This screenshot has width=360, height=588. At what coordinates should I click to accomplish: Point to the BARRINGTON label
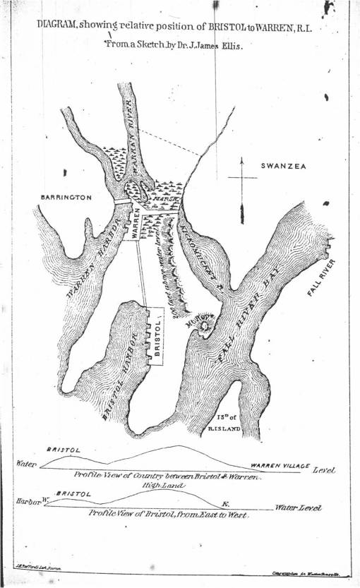(66, 198)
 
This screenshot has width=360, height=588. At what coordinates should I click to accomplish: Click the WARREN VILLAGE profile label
(280, 467)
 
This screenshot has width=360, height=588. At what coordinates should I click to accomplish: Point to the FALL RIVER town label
(322, 279)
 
